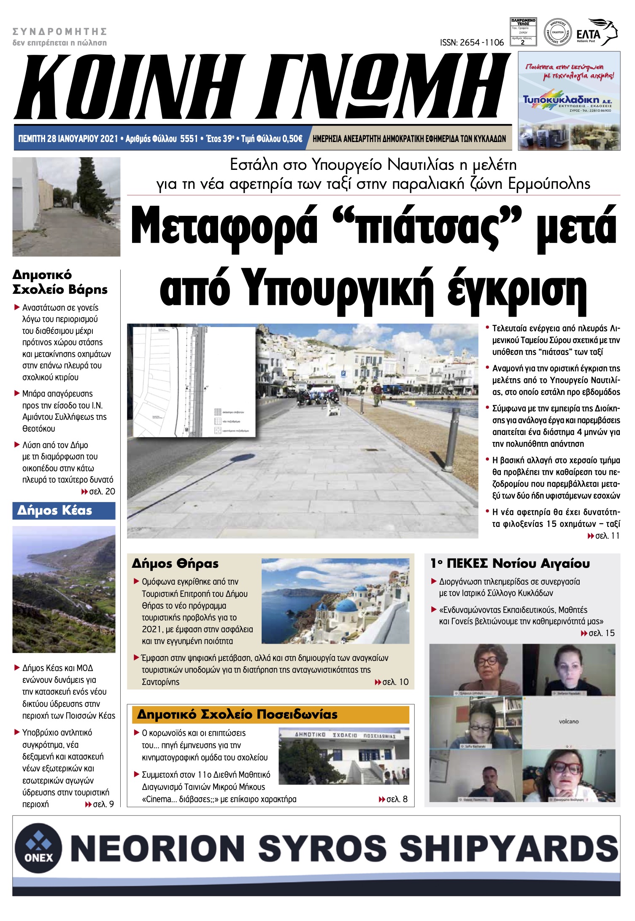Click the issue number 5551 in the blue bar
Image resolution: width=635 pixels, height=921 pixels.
(189, 139)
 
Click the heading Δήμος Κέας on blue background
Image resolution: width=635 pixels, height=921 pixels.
(55, 510)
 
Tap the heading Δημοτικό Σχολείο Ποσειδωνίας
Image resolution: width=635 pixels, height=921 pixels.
(237, 714)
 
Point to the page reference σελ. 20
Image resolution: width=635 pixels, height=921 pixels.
(102, 491)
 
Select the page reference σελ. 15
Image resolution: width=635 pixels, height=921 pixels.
(601, 633)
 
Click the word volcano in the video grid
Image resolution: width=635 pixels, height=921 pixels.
(569, 721)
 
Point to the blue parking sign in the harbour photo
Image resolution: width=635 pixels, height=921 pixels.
(343, 373)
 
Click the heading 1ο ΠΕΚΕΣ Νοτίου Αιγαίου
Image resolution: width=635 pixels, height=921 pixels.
(510, 564)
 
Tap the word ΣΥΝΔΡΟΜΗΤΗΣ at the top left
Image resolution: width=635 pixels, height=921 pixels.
(59, 32)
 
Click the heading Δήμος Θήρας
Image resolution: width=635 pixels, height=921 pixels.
(175, 564)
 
